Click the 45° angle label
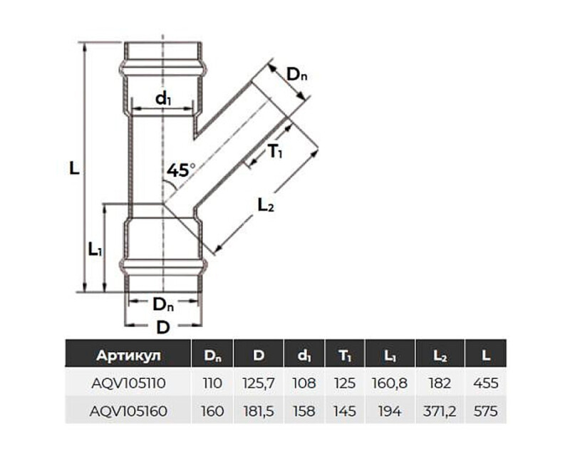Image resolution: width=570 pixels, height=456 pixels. tap(181, 170)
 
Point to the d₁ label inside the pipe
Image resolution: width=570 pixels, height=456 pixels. tap(163, 99)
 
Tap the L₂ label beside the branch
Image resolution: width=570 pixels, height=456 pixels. tap(266, 207)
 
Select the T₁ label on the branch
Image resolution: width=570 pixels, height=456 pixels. tap(276, 151)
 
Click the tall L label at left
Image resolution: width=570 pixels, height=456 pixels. tap(73, 169)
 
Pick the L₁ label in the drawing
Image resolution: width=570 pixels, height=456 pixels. tap(95, 249)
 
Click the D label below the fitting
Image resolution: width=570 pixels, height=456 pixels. tap(163, 328)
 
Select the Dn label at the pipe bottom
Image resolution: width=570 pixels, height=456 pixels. tap(163, 304)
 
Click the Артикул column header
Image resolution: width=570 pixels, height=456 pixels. tap(129, 355)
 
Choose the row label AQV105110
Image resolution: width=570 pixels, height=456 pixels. tap(129, 383)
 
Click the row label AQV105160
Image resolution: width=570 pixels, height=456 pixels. tap(129, 411)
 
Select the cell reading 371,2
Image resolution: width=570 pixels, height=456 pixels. tap(440, 411)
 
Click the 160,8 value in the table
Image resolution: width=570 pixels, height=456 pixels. tap(389, 383)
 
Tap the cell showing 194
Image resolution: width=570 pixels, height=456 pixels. tap(389, 411)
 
